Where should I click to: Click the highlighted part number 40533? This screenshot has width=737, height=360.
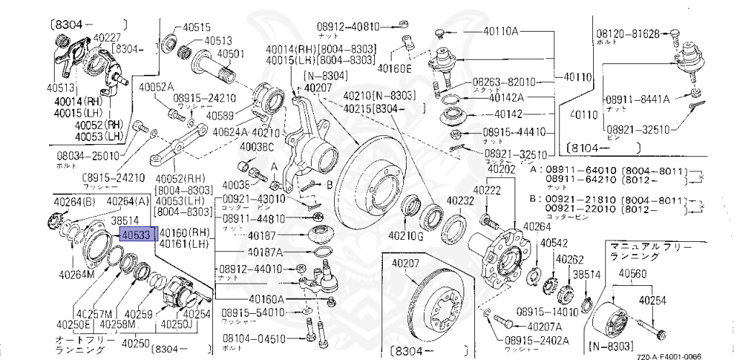(135, 235)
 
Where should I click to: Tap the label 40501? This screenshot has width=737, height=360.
(232, 53)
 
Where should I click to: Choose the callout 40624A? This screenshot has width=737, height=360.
(230, 132)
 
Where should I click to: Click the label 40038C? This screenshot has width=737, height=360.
(257, 148)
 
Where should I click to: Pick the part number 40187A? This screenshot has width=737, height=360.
(265, 252)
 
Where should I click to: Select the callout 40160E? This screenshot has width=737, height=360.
(394, 69)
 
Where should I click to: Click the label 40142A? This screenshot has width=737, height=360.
(507, 97)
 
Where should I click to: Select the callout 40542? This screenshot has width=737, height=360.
(554, 243)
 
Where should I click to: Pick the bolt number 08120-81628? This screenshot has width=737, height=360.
(628, 33)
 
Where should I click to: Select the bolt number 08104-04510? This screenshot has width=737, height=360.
(253, 338)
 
